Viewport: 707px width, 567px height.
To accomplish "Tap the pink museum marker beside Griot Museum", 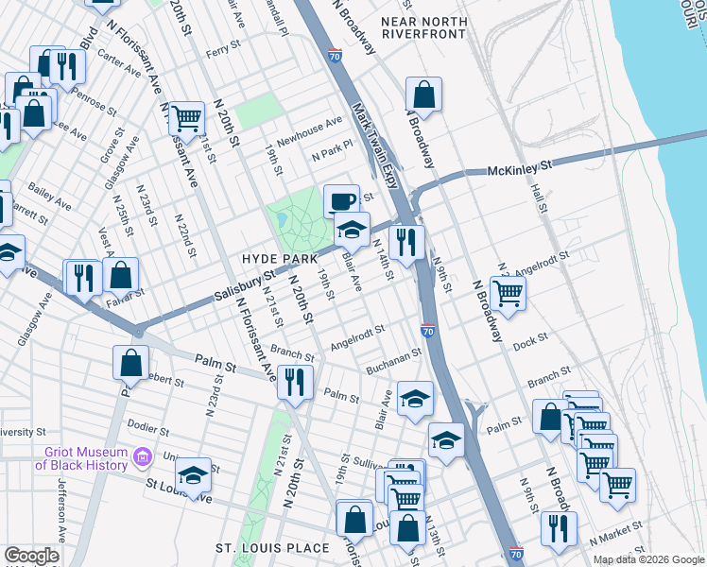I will (x=143, y=458).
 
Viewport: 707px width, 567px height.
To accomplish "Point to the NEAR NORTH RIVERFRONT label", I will (x=424, y=26).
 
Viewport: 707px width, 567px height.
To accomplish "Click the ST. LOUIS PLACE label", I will (x=272, y=548).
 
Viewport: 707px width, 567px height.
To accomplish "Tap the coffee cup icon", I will (x=341, y=200).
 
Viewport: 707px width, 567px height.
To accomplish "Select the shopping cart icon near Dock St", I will (x=509, y=294).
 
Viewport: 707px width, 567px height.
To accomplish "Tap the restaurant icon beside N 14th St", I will (x=407, y=242).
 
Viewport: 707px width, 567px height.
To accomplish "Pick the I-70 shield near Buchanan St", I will (x=428, y=331).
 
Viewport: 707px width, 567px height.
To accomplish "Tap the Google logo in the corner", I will (x=31, y=556).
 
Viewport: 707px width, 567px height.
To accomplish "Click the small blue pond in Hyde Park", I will (x=282, y=220).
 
